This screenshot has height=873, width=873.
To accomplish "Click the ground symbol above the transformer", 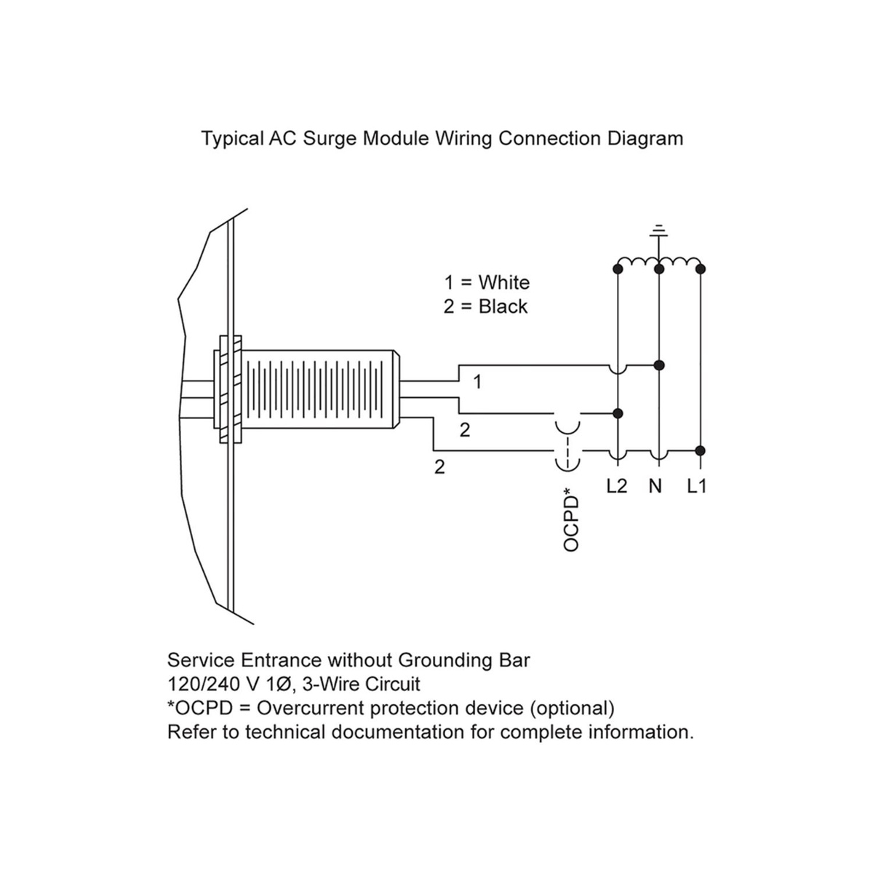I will click(658, 231).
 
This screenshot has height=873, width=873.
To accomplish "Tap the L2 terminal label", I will click(616, 486).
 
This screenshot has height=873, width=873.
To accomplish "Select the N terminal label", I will click(655, 486).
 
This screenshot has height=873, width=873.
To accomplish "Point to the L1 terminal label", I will click(697, 486).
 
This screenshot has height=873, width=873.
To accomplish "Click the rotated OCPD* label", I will click(573, 522).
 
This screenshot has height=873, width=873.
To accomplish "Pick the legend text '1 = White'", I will click(487, 282).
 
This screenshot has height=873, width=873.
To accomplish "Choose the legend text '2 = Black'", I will click(485, 306).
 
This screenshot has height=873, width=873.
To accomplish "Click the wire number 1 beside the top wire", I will click(477, 381).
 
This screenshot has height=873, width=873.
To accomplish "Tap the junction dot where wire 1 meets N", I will click(658, 364).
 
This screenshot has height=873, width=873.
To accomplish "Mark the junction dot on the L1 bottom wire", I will click(700, 450).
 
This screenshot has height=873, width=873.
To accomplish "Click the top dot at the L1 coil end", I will click(700, 269).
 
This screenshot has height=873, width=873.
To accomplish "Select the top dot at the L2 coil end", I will click(618, 269).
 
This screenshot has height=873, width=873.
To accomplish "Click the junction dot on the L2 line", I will click(618, 413).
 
